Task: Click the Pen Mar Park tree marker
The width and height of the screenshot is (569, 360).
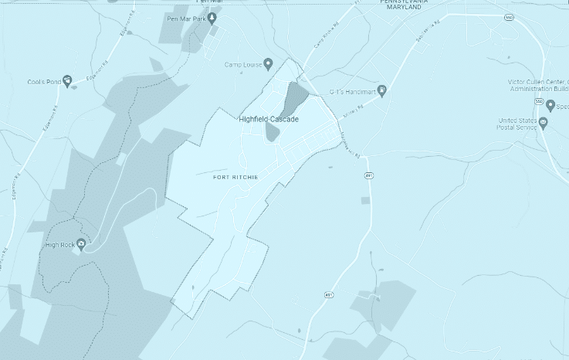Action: click(211, 18)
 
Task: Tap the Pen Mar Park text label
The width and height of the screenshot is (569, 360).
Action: click(185, 18)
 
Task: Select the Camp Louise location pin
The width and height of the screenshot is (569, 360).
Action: click(268, 64)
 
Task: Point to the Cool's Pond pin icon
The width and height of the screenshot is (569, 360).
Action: click(67, 80)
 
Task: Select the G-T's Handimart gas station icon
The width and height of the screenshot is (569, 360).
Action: click(381, 91)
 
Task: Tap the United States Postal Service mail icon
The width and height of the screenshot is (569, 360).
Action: click(543, 122)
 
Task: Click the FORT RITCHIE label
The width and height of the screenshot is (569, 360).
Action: click(235, 177)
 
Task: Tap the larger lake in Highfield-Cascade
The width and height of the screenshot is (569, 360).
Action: click(293, 98)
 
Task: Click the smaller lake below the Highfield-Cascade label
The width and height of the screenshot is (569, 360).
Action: click(272, 131)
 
